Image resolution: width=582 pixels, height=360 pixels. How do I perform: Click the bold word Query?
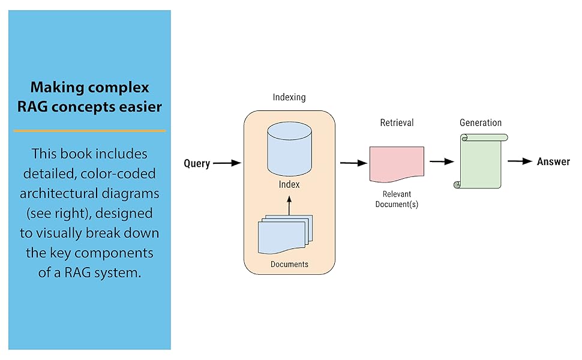coord(197,163)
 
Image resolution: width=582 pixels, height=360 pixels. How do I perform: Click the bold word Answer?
coord(553,161)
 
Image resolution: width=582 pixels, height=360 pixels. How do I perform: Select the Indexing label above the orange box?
coord(289,97)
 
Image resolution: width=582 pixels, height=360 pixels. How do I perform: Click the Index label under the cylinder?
coord(289,184)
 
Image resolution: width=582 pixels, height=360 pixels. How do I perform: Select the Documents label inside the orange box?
coord(289,264)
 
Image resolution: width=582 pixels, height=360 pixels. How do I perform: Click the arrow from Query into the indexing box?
coord(227,163)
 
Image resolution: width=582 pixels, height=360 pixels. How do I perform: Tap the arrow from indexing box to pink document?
coord(353,163)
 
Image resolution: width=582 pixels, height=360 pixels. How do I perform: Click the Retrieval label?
coord(397,122)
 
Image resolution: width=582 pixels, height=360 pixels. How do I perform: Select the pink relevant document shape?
coord(397,163)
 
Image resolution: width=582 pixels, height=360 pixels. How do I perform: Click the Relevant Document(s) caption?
coord(397,199)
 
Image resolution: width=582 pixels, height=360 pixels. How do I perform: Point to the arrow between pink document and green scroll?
coord(441,161)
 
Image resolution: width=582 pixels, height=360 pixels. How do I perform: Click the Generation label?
coord(481,122)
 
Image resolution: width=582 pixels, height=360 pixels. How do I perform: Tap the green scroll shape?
coord(480,161)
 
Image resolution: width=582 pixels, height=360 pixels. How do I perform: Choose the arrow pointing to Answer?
coord(520,161)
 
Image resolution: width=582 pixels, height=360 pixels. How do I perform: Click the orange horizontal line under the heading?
coord(89,130)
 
